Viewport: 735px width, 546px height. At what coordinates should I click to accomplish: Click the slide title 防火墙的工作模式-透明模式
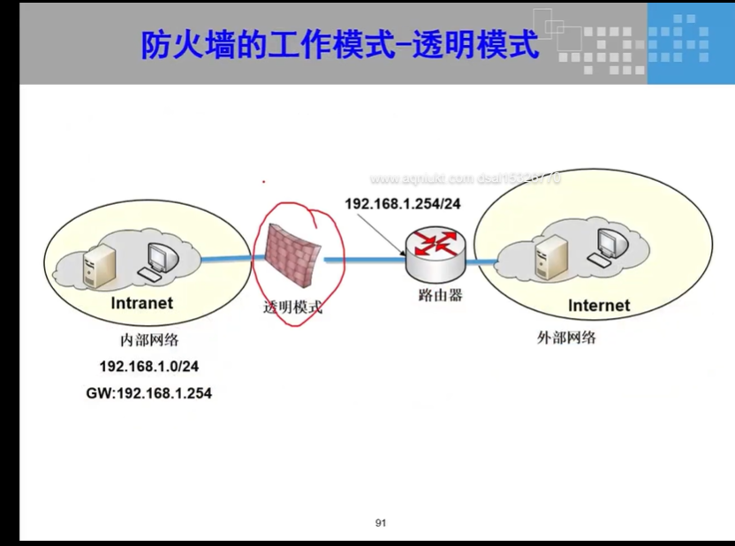click(340, 45)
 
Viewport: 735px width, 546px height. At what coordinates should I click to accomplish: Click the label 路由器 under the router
click(439, 295)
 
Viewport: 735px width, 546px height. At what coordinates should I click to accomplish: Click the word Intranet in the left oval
click(141, 303)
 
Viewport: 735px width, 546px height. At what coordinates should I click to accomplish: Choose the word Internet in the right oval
click(598, 306)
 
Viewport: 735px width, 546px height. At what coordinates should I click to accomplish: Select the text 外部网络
click(566, 337)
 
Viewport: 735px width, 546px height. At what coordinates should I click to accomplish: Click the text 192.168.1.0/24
click(148, 367)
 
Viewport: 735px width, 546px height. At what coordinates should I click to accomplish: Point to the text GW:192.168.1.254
click(148, 393)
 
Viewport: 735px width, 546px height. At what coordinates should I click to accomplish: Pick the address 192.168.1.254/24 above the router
click(403, 204)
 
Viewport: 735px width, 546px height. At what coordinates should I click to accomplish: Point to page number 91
click(381, 523)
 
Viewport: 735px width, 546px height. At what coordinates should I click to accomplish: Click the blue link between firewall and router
click(362, 260)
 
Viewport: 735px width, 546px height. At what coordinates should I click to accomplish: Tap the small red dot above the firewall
click(263, 183)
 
